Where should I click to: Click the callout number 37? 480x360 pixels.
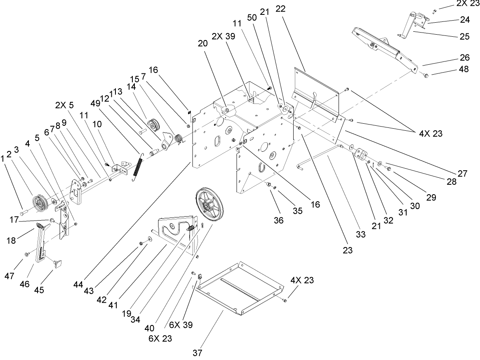198,353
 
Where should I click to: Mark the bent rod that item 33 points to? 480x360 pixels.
322,157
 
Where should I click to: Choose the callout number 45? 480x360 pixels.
39,290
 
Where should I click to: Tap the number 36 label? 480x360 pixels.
279,221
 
